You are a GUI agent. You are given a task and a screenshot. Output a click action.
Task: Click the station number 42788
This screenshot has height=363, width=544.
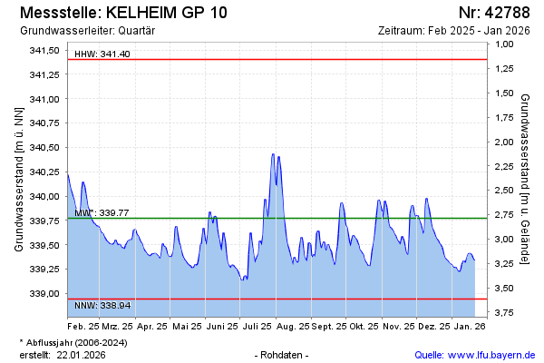tap(507, 13)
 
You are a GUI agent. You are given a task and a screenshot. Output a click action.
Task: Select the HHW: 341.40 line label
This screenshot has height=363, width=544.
tap(102, 54)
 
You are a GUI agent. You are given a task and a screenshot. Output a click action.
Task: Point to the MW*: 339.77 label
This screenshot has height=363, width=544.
tap(102, 212)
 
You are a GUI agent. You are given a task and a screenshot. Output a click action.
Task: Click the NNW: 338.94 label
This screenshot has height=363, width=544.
tap(102, 306)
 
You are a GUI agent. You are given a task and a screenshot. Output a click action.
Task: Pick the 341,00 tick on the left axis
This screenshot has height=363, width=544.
tap(45, 99)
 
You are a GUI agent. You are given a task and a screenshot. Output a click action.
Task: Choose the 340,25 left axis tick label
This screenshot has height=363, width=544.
tap(45, 172)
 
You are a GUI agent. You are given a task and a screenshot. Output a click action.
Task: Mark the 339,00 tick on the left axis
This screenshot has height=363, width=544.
tap(45, 294)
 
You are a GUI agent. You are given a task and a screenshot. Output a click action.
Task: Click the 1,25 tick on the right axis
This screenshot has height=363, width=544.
tap(503, 69)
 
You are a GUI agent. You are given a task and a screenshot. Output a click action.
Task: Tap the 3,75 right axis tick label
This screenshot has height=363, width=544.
tap(503, 313)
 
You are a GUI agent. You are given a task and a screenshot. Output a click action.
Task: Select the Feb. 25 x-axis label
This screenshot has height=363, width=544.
tap(83, 325)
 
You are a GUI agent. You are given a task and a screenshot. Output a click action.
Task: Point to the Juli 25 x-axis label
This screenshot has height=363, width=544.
tap(258, 325)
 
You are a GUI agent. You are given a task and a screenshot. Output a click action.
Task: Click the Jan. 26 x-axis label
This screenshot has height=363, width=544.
tap(469, 325)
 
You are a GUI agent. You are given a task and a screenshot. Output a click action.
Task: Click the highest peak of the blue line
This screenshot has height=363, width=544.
tap(273, 154)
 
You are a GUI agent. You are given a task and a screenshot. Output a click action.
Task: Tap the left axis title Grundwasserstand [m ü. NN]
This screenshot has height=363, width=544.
tap(18, 179)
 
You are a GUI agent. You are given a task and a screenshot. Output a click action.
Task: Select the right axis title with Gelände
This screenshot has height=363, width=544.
tap(527, 179)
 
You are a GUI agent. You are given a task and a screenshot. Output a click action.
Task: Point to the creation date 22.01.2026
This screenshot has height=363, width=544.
tap(82, 355)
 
